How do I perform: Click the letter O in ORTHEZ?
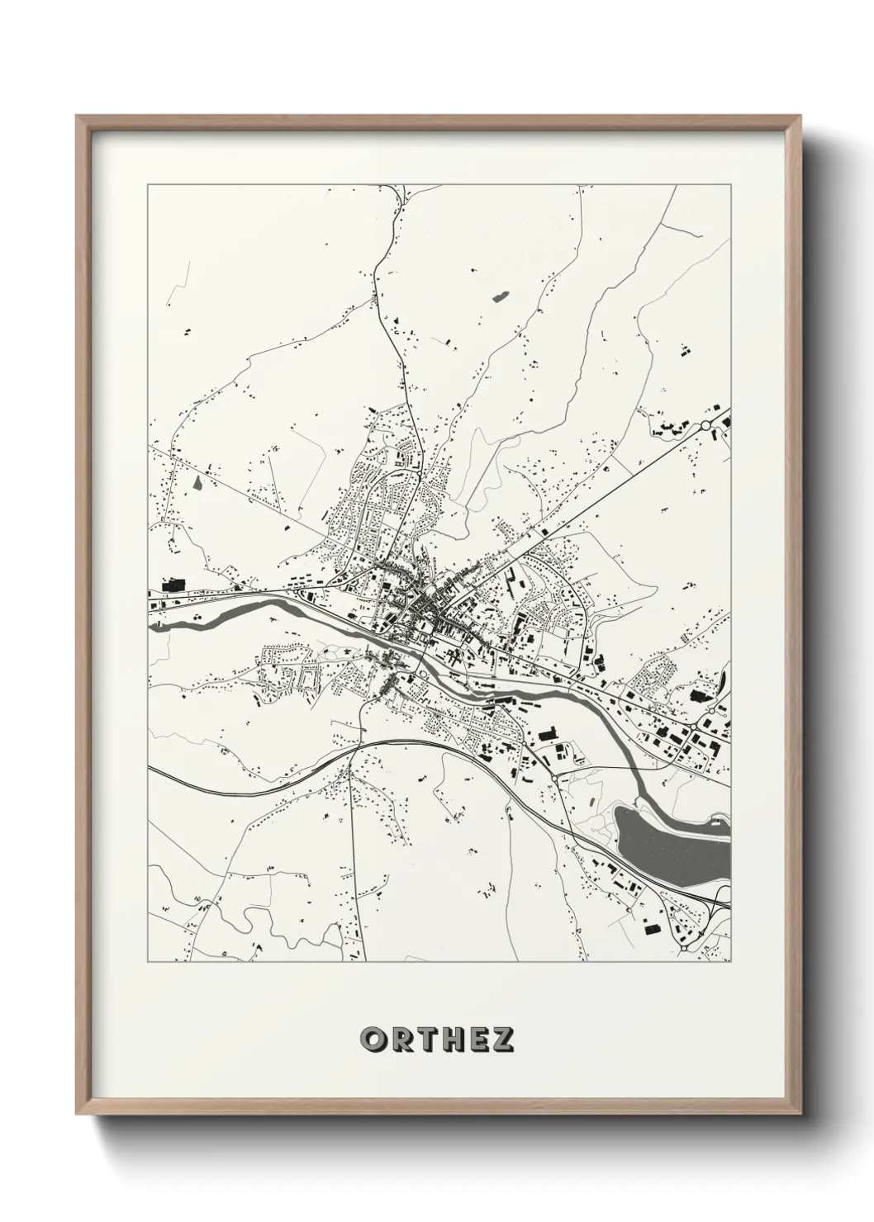(373, 1040)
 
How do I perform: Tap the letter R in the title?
(401, 1040)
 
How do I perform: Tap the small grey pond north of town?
(500, 296)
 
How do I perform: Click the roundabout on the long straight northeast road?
(705, 426)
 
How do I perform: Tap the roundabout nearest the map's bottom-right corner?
(685, 949)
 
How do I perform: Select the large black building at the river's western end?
(173, 585)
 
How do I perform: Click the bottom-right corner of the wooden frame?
(799, 1113)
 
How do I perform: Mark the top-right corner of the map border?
(730, 185)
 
